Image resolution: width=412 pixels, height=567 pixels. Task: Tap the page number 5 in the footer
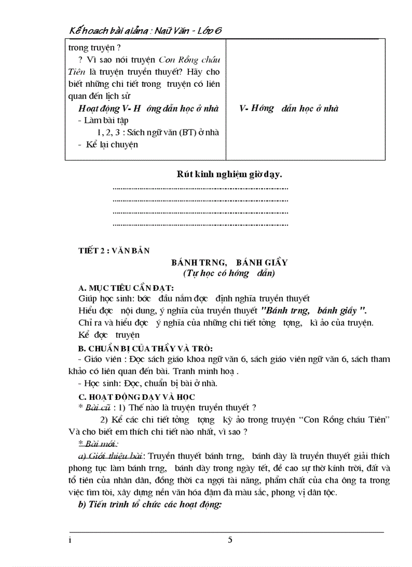(x=230, y=540)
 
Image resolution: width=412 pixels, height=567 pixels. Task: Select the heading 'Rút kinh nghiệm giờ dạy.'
(x=229, y=175)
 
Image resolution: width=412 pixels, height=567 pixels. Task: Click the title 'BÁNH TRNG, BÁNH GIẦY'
(x=229, y=263)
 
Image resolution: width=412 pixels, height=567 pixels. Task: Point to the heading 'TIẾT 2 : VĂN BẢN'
(x=114, y=250)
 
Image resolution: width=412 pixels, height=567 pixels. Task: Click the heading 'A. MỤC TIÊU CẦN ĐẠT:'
(x=126, y=288)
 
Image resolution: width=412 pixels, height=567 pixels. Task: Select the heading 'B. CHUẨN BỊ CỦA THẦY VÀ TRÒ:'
(x=145, y=348)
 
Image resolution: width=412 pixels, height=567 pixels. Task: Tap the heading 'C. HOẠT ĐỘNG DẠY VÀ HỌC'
(x=136, y=397)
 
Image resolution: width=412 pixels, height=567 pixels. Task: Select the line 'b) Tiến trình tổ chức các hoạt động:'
(x=150, y=504)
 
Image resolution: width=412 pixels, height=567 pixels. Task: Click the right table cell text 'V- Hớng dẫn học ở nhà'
(x=289, y=109)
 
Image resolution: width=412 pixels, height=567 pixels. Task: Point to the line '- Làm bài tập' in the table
(x=104, y=120)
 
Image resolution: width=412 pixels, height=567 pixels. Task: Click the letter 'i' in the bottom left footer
(x=71, y=540)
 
